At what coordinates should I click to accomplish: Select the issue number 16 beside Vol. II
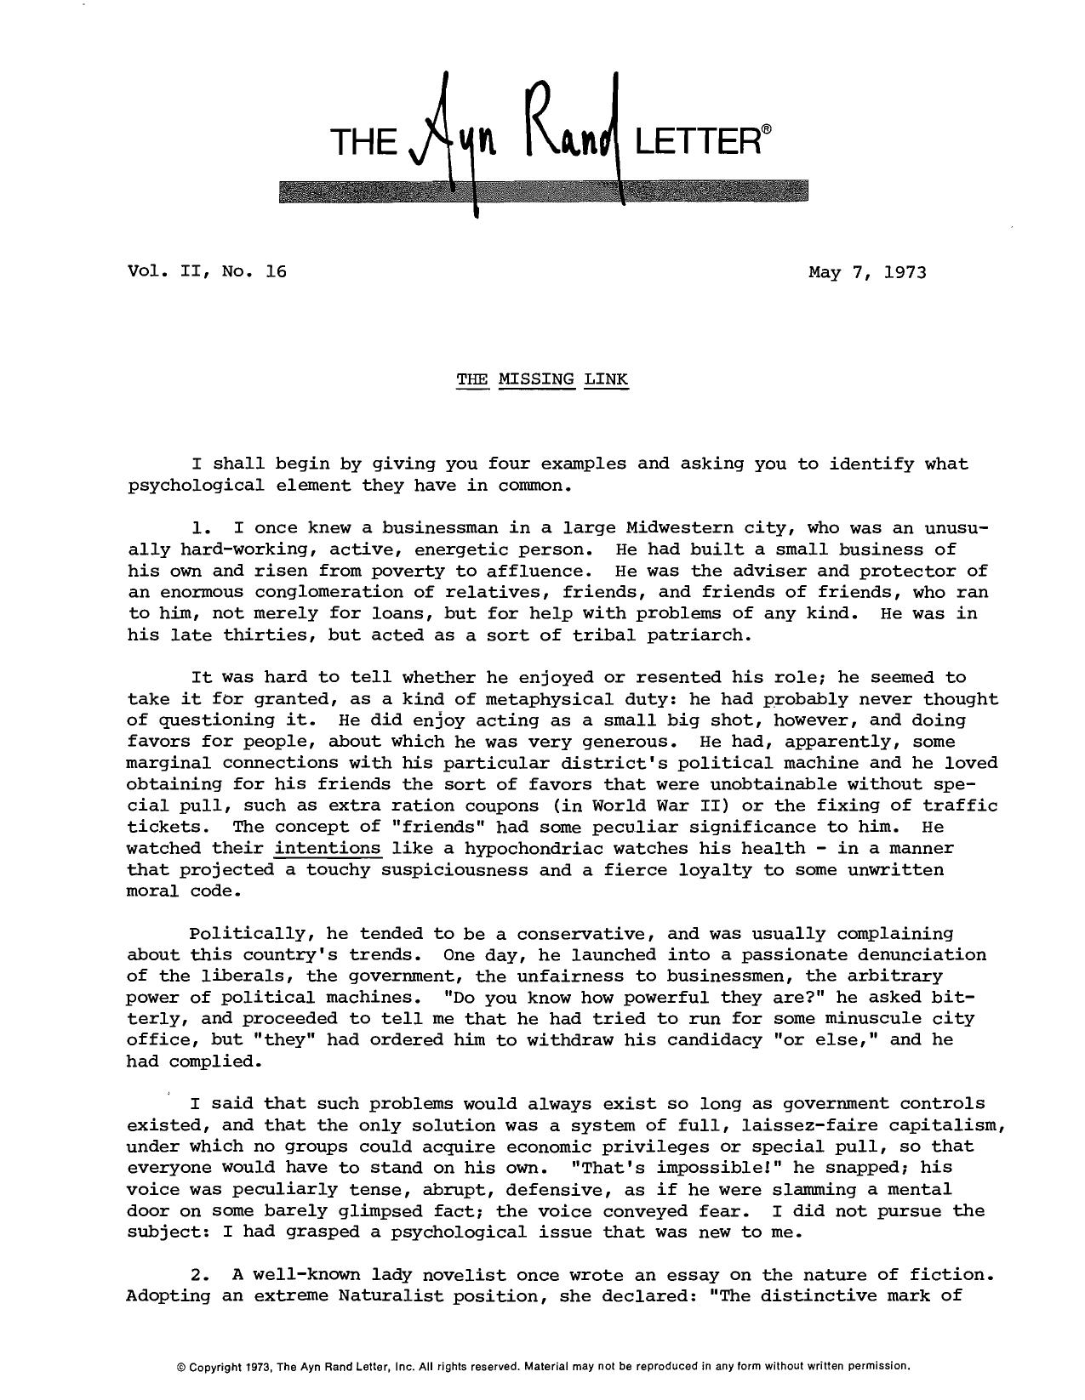(x=275, y=272)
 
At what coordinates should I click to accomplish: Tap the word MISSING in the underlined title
(x=536, y=378)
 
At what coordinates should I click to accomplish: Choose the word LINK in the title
(x=606, y=378)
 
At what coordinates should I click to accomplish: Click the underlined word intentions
(x=328, y=848)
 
